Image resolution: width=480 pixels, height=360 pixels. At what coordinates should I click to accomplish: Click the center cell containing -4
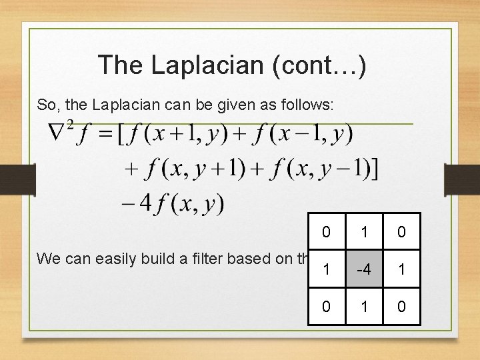(364, 269)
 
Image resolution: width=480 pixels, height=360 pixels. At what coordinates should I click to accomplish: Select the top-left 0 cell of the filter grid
(326, 233)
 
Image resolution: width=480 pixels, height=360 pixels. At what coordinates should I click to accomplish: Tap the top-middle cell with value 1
(364, 233)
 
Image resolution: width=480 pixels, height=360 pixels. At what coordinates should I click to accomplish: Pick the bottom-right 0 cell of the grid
(401, 306)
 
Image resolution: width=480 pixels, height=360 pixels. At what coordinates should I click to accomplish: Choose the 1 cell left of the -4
(326, 269)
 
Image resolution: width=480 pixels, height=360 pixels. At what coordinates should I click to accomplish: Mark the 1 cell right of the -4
(401, 269)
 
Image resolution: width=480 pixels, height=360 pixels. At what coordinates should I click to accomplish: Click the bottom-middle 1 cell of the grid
(364, 306)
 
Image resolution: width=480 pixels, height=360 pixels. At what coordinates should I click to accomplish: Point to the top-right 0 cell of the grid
(401, 233)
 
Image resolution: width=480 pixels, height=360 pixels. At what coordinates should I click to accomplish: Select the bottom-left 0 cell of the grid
(326, 306)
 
